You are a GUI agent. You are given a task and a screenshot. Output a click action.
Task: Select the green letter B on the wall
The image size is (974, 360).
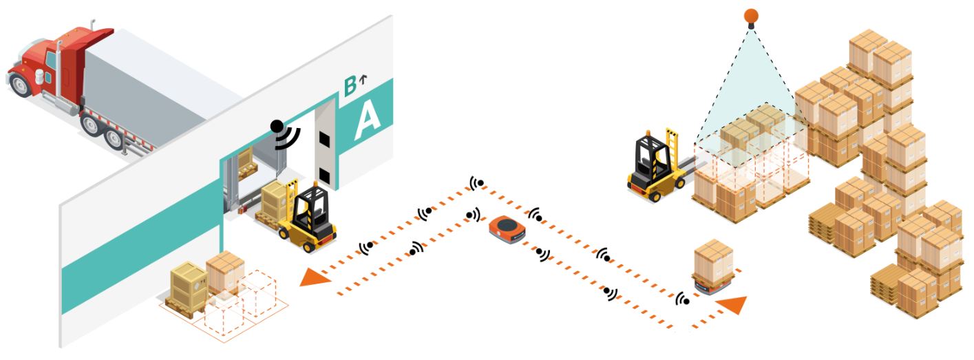(x=350, y=87)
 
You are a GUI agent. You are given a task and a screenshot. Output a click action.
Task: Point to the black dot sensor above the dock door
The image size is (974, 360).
(x=277, y=126)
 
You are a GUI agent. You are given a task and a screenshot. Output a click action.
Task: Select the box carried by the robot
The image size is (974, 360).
(x=713, y=259)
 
